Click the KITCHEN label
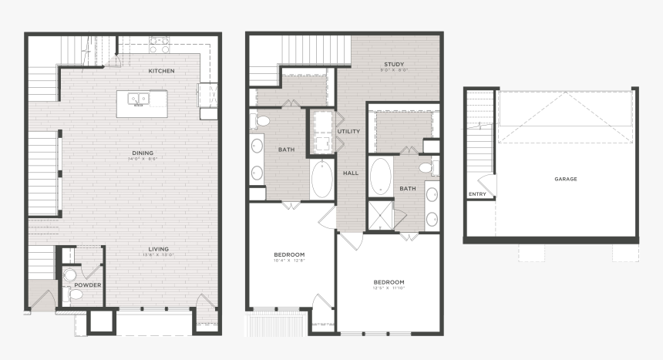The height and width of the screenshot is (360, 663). [162, 71]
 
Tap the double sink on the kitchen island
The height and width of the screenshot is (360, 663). [139, 99]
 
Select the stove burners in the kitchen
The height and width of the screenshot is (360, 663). [160, 45]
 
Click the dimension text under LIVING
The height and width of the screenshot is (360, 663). [160, 254]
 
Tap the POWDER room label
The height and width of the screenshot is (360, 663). [88, 284]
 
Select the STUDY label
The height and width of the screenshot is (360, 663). [394, 64]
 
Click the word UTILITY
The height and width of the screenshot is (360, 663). [348, 132]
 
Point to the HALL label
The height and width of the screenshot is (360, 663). [351, 173]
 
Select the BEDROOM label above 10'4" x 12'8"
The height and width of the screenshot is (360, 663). [290, 254]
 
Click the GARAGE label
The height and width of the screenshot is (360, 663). [565, 179]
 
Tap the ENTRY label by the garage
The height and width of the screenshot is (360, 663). [477, 194]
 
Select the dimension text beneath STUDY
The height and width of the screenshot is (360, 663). [394, 70]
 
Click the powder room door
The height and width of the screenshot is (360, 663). [93, 267]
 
